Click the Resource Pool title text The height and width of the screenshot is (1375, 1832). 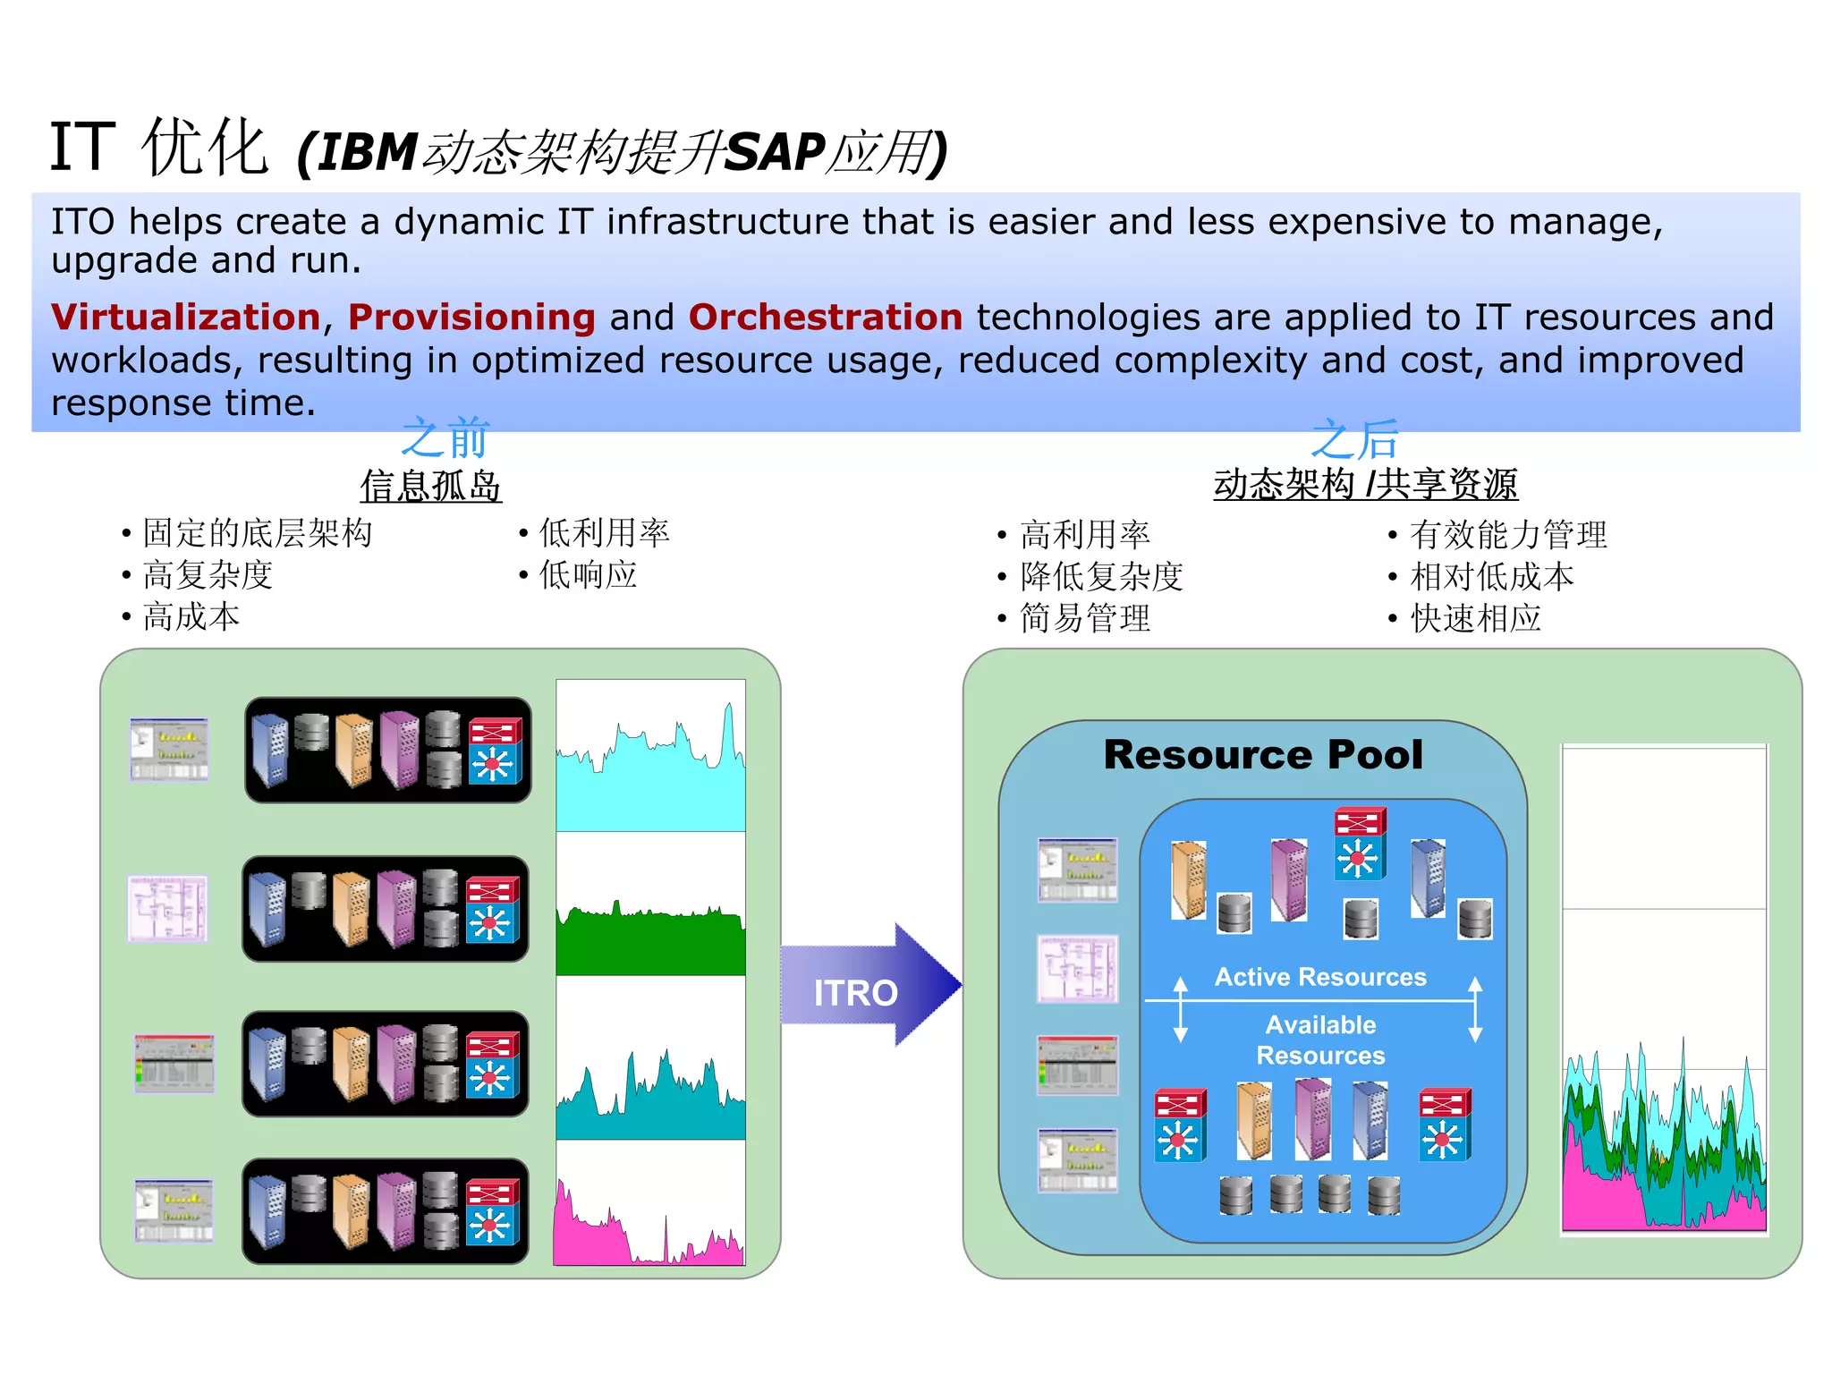[1262, 754]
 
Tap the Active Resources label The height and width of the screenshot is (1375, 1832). [1319, 976]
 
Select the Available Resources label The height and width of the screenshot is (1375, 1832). [1319, 1040]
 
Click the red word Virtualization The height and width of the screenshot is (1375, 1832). [185, 317]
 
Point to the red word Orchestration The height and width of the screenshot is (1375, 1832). [825, 317]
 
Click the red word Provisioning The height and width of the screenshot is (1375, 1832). [471, 317]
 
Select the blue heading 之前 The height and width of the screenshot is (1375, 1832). [445, 437]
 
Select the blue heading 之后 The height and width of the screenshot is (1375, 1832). [1354, 439]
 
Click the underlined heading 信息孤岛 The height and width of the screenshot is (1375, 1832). [430, 486]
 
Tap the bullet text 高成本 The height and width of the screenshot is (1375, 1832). [191, 617]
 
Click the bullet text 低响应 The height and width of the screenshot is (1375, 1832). [588, 575]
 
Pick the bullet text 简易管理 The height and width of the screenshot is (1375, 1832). [1084, 618]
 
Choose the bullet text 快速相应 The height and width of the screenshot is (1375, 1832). [1475, 618]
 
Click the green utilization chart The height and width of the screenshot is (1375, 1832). [650, 939]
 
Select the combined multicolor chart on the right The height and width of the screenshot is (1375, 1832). [1663, 1145]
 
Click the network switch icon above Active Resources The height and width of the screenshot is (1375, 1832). [1359, 844]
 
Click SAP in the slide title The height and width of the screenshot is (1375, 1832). [775, 152]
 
